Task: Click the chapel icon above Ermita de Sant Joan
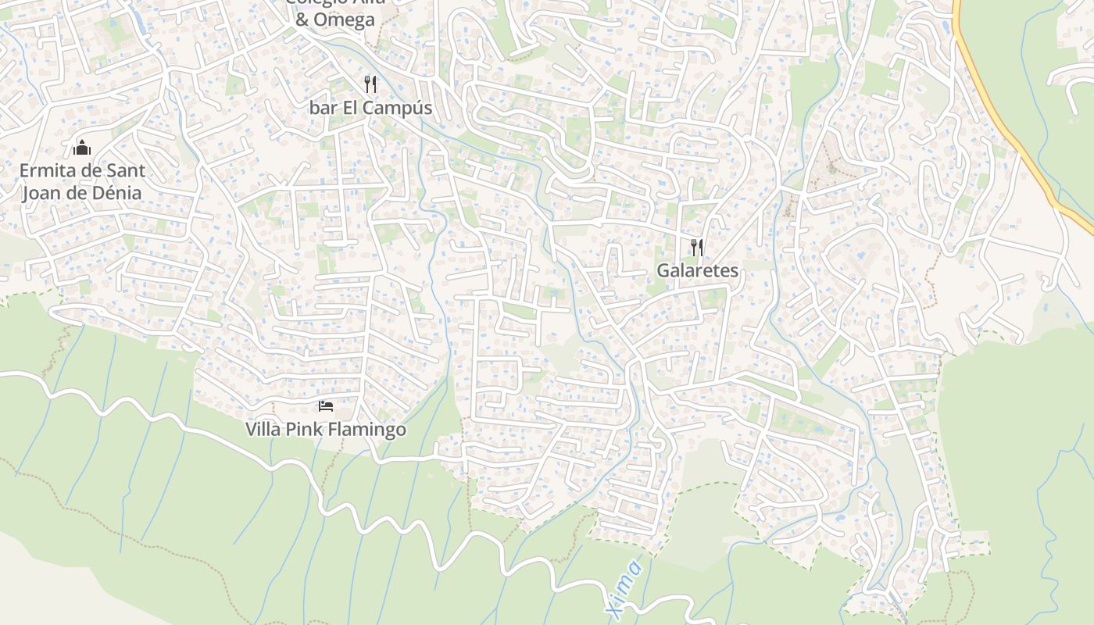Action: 81,147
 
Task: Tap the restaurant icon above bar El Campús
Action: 370,84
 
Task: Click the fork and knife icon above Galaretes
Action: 697,248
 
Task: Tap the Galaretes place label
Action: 697,271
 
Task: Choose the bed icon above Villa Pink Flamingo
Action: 326,405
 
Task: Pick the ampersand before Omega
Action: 302,20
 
